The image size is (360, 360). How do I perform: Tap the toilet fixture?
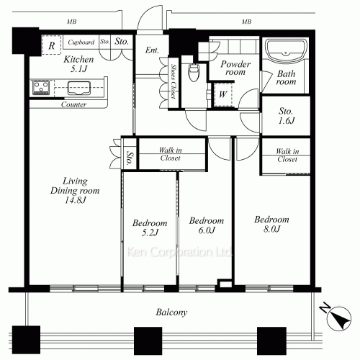point(194,73)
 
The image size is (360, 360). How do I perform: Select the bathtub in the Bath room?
point(286,50)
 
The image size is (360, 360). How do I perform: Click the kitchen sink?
point(79,88)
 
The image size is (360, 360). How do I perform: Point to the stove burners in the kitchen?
point(41,87)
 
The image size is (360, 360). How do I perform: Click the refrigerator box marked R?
point(52,45)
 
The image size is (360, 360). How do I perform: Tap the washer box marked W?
point(223,94)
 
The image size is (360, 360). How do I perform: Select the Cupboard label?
point(81,42)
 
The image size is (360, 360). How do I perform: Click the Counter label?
point(73,104)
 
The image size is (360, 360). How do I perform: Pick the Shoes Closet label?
point(173,81)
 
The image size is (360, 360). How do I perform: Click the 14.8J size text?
point(75,200)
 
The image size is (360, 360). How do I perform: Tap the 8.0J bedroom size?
point(272,229)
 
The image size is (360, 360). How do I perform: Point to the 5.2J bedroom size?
point(150,233)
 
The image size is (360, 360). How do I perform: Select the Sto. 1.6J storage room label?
point(286,116)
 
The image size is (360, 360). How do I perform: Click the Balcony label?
point(171,312)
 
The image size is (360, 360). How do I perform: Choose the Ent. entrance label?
point(152,50)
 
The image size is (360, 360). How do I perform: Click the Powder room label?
point(235,68)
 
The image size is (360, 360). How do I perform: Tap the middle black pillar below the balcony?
point(148,341)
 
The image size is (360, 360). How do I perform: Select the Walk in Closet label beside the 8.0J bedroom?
point(287,156)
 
